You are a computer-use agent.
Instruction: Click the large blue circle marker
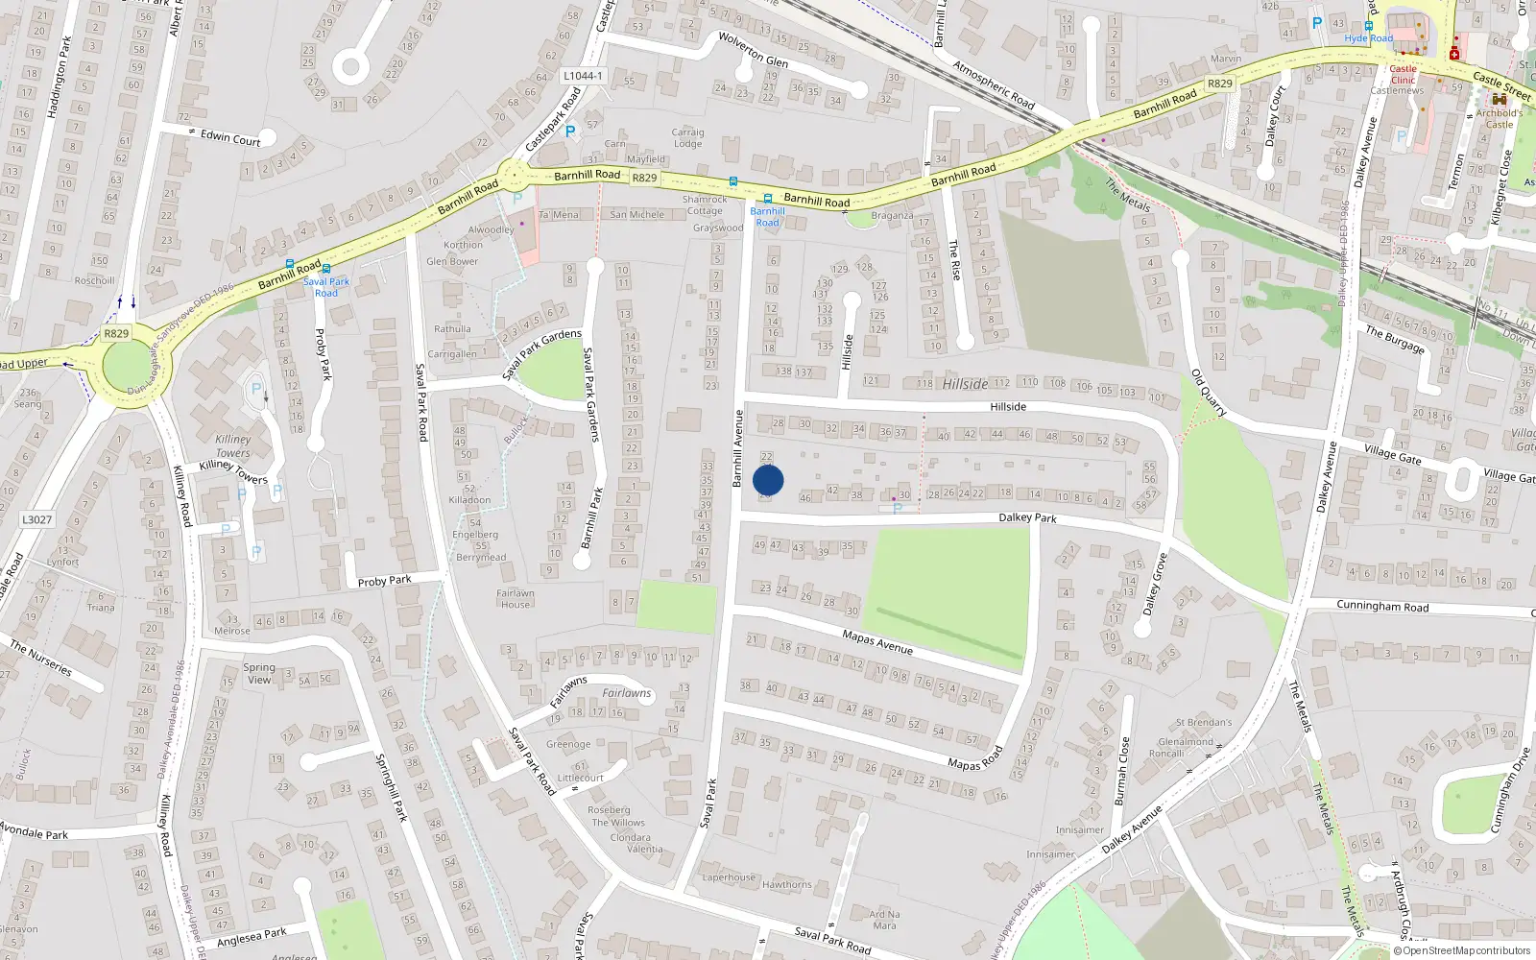pos(768,480)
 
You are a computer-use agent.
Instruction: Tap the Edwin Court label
pos(230,137)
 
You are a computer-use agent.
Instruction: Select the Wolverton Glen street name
pos(754,50)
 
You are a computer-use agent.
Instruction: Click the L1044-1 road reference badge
pos(583,76)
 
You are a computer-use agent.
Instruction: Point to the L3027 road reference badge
pos(37,519)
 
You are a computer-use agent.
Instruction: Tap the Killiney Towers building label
pos(233,446)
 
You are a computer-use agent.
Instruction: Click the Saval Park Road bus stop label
pos(326,287)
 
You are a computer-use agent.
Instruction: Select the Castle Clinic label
pos(1403,74)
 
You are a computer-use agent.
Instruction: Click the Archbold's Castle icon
pos(1499,99)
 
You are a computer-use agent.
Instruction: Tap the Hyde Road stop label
pos(1368,38)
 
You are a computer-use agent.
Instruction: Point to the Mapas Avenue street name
pos(876,641)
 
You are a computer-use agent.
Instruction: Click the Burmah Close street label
pos(1120,771)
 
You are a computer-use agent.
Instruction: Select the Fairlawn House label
pos(515,598)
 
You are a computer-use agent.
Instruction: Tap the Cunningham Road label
pos(1382,606)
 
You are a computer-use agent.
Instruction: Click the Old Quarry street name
pos(1209,393)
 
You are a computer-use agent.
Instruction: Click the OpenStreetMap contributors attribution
pos(1461,950)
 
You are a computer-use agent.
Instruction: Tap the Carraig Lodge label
pos(687,138)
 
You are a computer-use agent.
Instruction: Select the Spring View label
pos(259,673)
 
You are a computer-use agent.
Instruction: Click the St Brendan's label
pos(1204,722)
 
